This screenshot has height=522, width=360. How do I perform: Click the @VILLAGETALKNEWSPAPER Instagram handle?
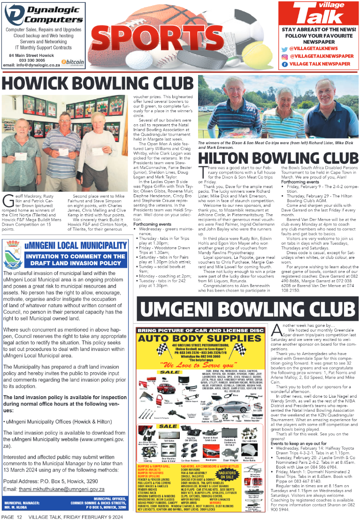tap(321, 56)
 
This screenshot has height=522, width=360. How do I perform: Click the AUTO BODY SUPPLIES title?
tap(202, 338)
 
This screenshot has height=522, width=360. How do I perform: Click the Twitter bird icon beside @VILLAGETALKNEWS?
tap(284, 48)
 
